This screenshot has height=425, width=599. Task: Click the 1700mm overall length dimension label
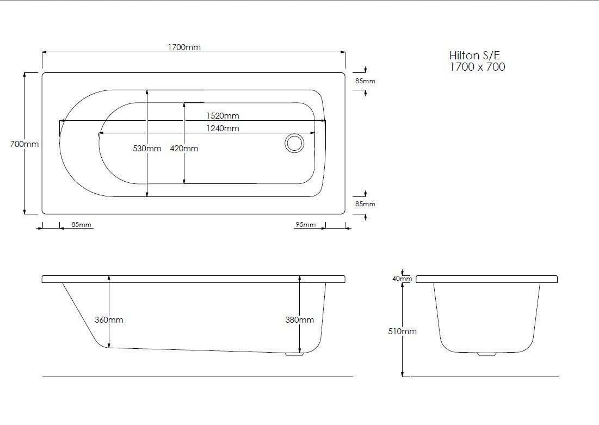click(x=184, y=47)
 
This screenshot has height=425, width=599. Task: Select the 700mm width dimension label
click(x=24, y=144)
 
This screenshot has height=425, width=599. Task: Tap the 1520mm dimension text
click(x=222, y=116)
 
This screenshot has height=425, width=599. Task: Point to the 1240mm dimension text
click(x=222, y=128)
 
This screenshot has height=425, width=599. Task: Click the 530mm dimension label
click(x=147, y=149)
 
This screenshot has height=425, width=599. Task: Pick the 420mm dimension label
click(x=184, y=149)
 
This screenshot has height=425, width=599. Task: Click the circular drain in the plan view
click(x=294, y=144)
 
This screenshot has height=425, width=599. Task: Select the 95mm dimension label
click(x=305, y=225)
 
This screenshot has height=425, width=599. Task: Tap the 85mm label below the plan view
click(x=82, y=225)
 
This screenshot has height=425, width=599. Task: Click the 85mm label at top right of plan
click(x=365, y=81)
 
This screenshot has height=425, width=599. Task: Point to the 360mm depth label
click(x=109, y=320)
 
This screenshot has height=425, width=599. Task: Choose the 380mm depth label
click(x=300, y=320)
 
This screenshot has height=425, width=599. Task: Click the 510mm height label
click(x=402, y=331)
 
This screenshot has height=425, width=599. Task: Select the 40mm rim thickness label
click(x=402, y=279)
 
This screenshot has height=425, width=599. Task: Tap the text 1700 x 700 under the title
click(x=477, y=67)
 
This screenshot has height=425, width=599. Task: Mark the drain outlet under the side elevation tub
click(x=294, y=354)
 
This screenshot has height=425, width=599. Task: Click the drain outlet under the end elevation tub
click(x=487, y=354)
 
